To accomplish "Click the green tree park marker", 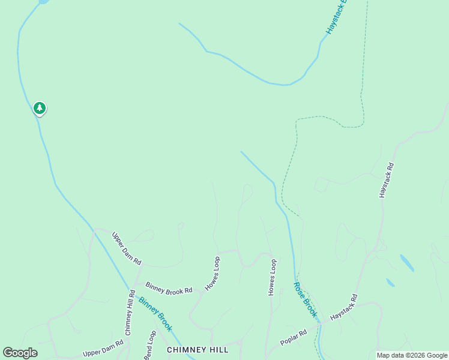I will (40, 109).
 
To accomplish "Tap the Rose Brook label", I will (306, 299).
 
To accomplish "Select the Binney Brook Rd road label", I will (169, 288).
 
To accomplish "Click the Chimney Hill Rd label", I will (130, 312).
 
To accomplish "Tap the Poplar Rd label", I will (294, 337).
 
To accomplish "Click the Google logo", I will (20, 353).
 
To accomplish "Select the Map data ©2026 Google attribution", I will (412, 355).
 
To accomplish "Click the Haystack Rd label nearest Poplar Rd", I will (344, 307).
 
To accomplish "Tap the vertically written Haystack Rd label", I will (386, 180).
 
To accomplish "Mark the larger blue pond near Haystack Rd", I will (406, 263).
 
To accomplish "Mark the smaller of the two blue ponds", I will (390, 283).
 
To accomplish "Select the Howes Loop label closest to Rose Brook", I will (272, 277).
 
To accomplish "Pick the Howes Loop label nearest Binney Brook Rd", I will (213, 274).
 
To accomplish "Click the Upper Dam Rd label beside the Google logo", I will (103, 347).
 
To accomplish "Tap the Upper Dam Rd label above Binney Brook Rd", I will (127, 248).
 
